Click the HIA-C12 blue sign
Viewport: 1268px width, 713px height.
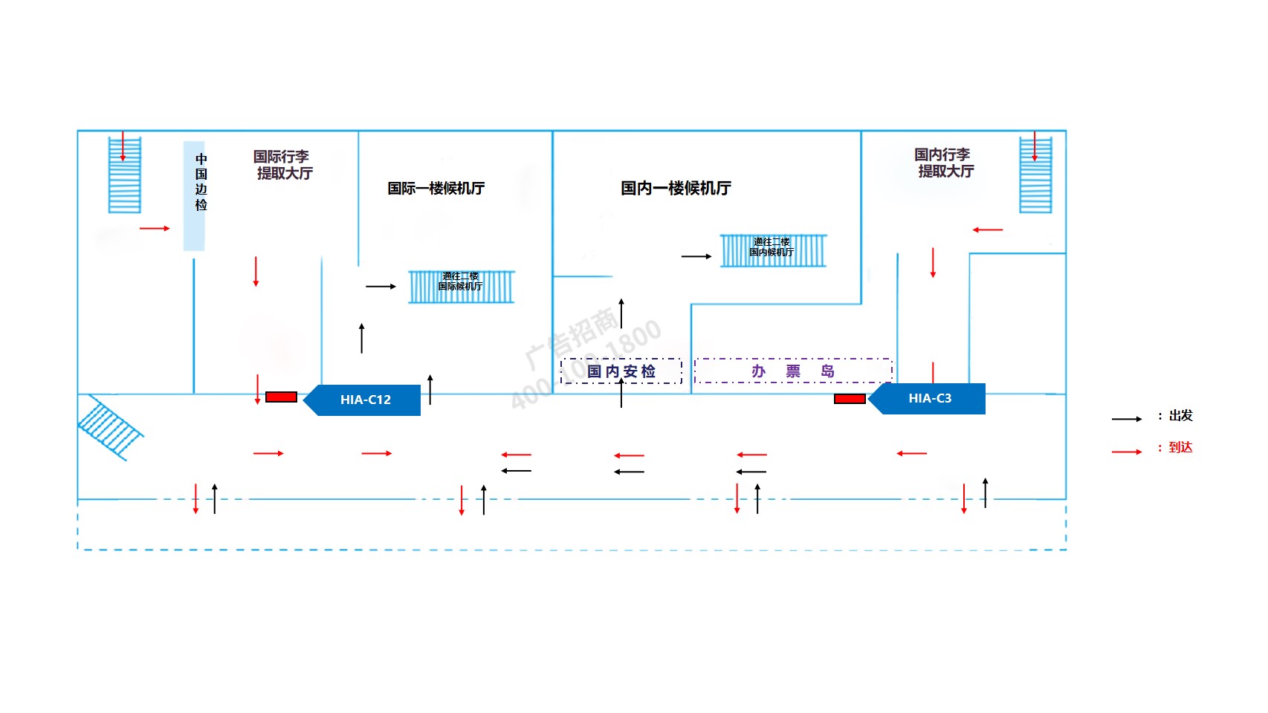(x=364, y=400)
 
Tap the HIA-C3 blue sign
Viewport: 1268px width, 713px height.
(x=929, y=399)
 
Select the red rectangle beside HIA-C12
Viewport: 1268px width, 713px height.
(x=281, y=397)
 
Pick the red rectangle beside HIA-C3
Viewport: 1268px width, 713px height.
(x=850, y=399)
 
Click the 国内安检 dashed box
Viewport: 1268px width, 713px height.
(x=621, y=371)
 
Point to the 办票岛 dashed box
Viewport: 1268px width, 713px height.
(x=793, y=371)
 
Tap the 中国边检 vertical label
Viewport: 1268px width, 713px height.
(x=201, y=182)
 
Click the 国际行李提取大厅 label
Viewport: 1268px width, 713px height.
(x=283, y=165)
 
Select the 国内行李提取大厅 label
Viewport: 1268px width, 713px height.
(x=944, y=163)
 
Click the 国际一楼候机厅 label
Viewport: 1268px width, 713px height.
(x=436, y=189)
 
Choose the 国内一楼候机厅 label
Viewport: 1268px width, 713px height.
(x=676, y=189)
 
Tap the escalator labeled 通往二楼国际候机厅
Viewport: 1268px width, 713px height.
(x=461, y=287)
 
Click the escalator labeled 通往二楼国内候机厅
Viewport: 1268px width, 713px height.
(x=772, y=250)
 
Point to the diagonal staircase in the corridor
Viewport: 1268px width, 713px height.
(x=109, y=427)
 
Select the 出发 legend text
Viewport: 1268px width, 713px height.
(x=1180, y=416)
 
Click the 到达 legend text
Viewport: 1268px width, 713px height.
(x=1180, y=447)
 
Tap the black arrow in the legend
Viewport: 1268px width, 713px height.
(x=1127, y=419)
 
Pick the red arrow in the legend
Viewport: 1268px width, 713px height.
(x=1127, y=451)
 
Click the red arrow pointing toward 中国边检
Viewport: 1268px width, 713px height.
(x=155, y=228)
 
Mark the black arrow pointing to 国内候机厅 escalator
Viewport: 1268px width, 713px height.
(x=696, y=256)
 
